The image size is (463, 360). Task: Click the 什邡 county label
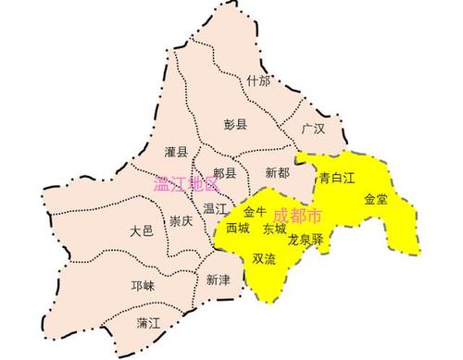[259, 81]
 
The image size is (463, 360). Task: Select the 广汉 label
[313, 130]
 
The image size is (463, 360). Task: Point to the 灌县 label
[176, 151]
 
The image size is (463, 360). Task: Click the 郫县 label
[225, 173]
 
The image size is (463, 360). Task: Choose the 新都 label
[276, 173]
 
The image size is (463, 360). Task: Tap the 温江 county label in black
[217, 208]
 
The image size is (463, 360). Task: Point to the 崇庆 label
[181, 221]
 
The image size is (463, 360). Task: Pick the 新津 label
[218, 279]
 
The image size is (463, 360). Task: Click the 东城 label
[274, 228]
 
